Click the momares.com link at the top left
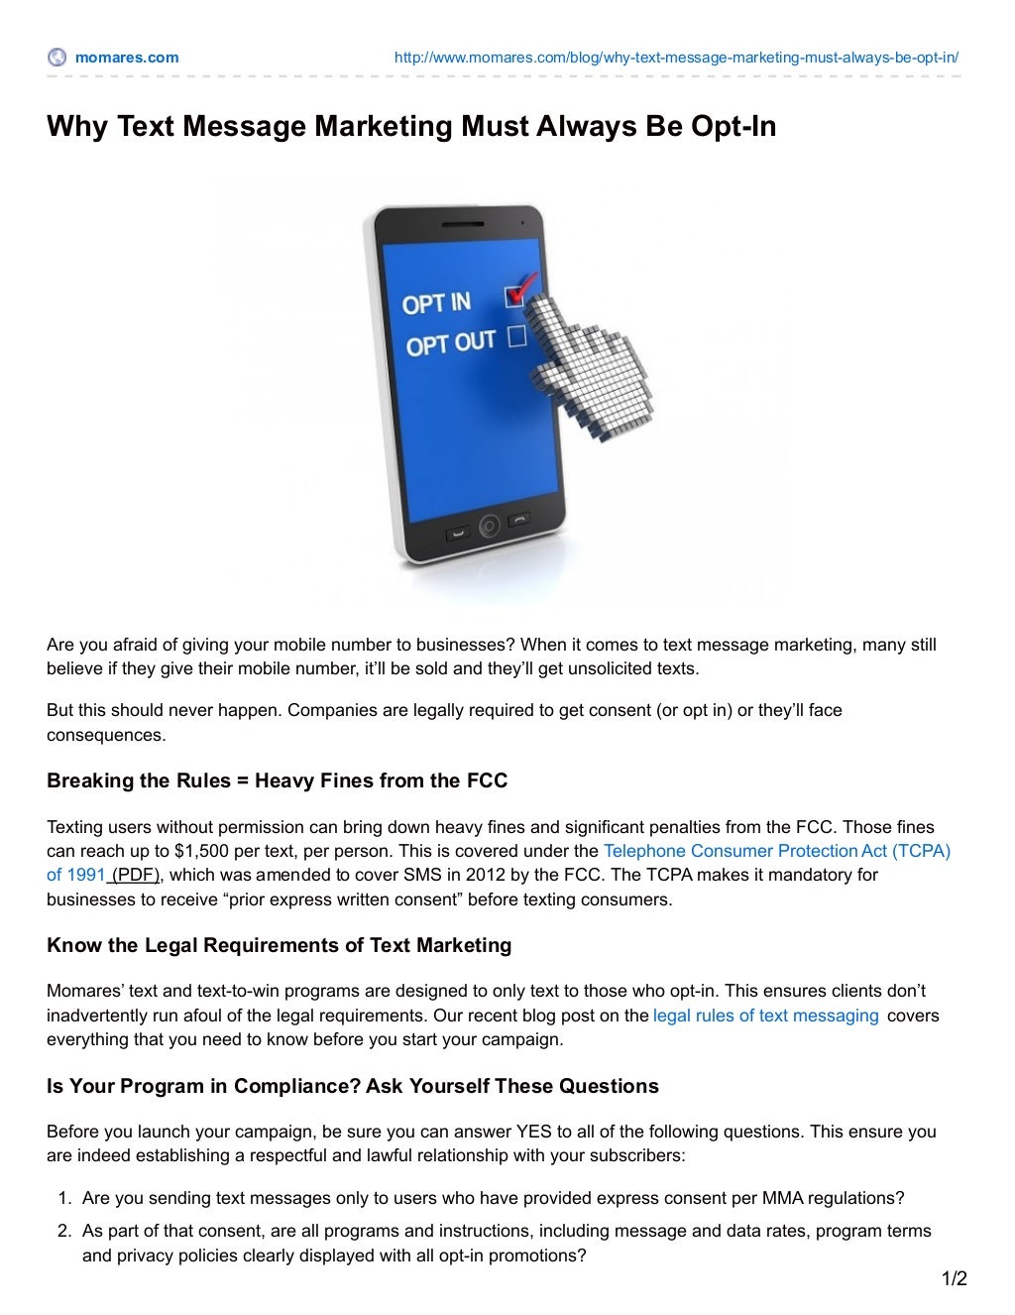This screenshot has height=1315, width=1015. tap(127, 58)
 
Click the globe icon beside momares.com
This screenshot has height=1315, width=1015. tap(57, 58)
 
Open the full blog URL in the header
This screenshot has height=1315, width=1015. tap(676, 58)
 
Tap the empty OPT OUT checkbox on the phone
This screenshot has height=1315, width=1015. tap(516, 337)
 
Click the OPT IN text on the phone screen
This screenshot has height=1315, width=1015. tap(436, 303)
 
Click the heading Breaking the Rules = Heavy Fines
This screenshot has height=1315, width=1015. tap(277, 780)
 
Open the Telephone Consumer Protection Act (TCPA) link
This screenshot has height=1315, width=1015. tap(776, 851)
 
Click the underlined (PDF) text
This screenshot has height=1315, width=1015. tap(135, 875)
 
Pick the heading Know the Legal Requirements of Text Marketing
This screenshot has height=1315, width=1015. tap(279, 945)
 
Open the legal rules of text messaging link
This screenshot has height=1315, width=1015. tap(765, 1016)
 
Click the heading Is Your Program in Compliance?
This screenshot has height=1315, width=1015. tap(352, 1086)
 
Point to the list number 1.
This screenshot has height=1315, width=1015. tap(64, 1198)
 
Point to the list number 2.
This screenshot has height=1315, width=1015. tap(64, 1231)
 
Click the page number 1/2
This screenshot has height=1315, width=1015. tap(954, 1279)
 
